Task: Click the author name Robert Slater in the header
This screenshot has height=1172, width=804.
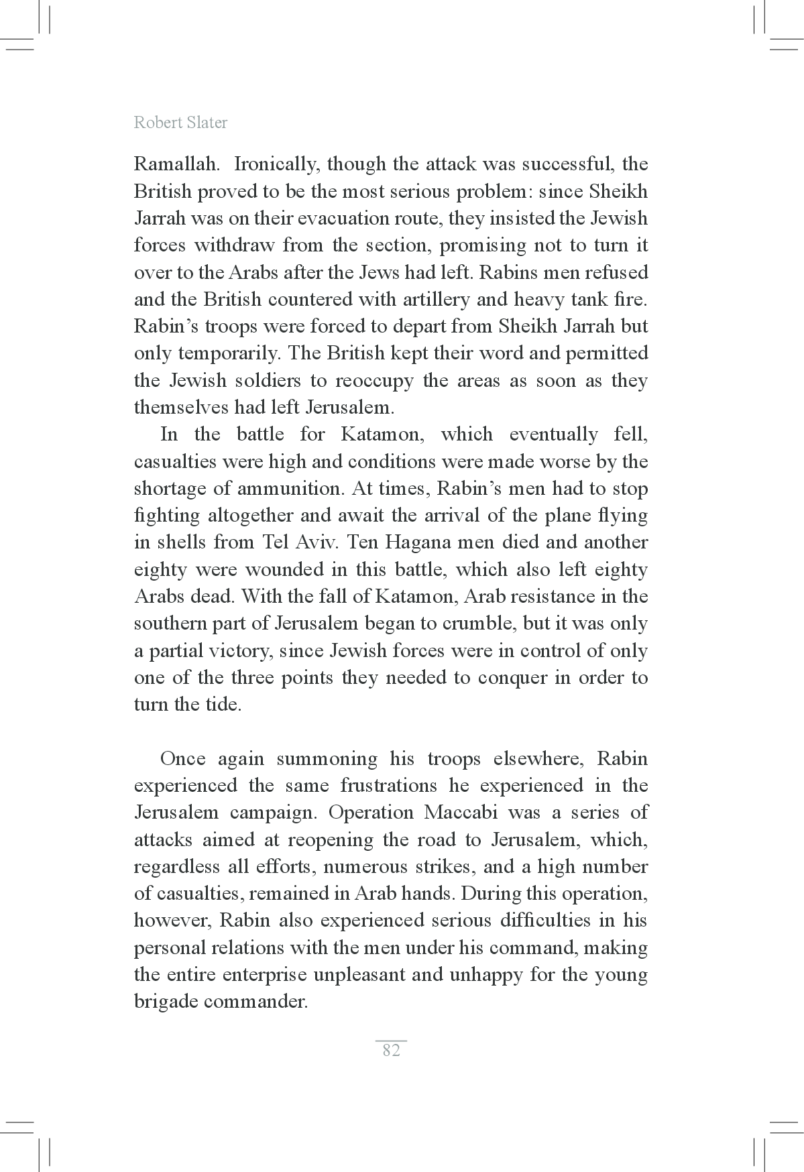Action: pos(180,123)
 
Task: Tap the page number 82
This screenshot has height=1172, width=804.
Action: pos(391,1050)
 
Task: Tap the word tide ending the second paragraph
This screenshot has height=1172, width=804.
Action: pos(223,705)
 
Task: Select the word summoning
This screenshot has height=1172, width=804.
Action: pos(328,760)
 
